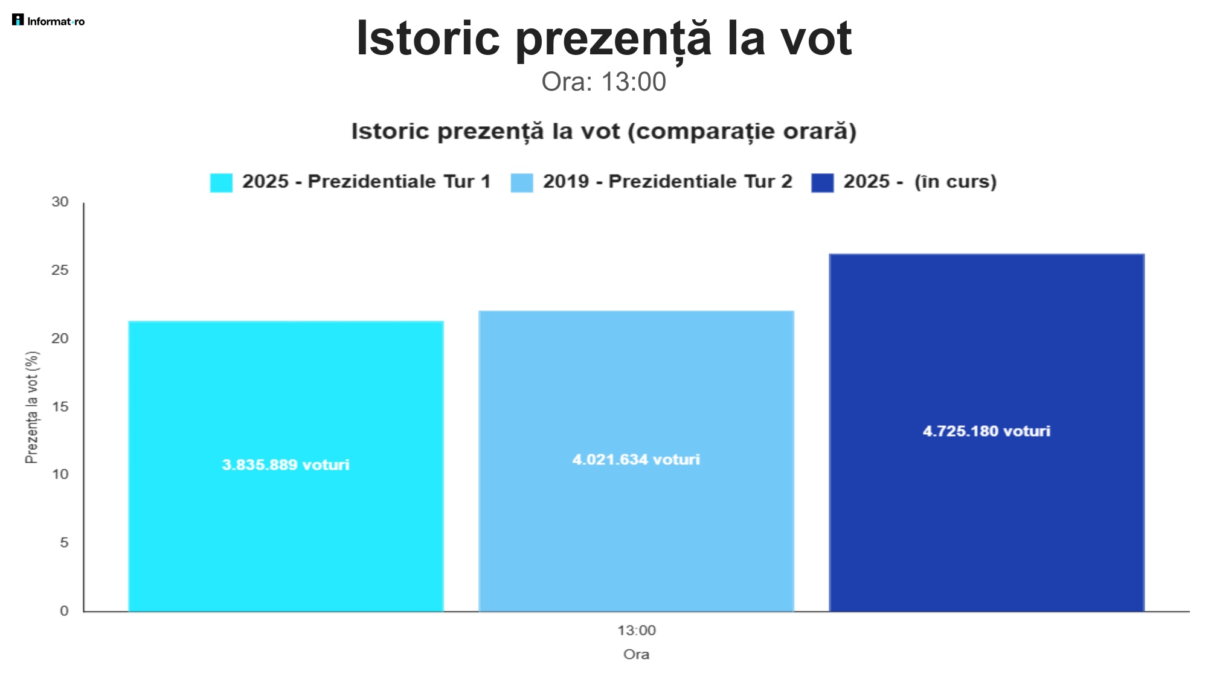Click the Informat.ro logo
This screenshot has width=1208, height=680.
[x=48, y=21]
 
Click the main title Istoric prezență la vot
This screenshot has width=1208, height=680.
[x=603, y=39]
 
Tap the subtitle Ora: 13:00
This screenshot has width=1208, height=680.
[x=603, y=82]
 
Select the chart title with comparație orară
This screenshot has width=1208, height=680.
[x=603, y=132]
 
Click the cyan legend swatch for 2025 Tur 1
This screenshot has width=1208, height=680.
[x=221, y=182]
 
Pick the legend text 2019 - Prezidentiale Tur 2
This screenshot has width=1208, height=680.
[x=667, y=182]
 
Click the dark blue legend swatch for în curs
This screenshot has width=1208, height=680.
[x=822, y=182]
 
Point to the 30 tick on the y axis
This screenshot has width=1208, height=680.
[x=60, y=202]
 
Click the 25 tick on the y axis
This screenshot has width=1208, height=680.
[x=60, y=271]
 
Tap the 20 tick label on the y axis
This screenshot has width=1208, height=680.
[x=60, y=339]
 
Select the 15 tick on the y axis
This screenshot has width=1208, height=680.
[x=60, y=407]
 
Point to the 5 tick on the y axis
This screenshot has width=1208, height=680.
[x=63, y=543]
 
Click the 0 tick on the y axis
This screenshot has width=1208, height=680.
[x=63, y=611]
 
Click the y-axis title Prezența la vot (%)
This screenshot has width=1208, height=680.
[x=32, y=408]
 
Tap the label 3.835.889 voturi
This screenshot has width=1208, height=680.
[x=286, y=465]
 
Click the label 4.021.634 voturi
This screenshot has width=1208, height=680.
[x=636, y=460]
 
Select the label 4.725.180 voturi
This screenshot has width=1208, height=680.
[x=986, y=431]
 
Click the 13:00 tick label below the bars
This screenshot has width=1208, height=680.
[x=636, y=630]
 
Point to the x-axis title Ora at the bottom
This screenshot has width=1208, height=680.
[x=636, y=655]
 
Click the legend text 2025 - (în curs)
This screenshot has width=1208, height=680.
[x=919, y=182]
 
